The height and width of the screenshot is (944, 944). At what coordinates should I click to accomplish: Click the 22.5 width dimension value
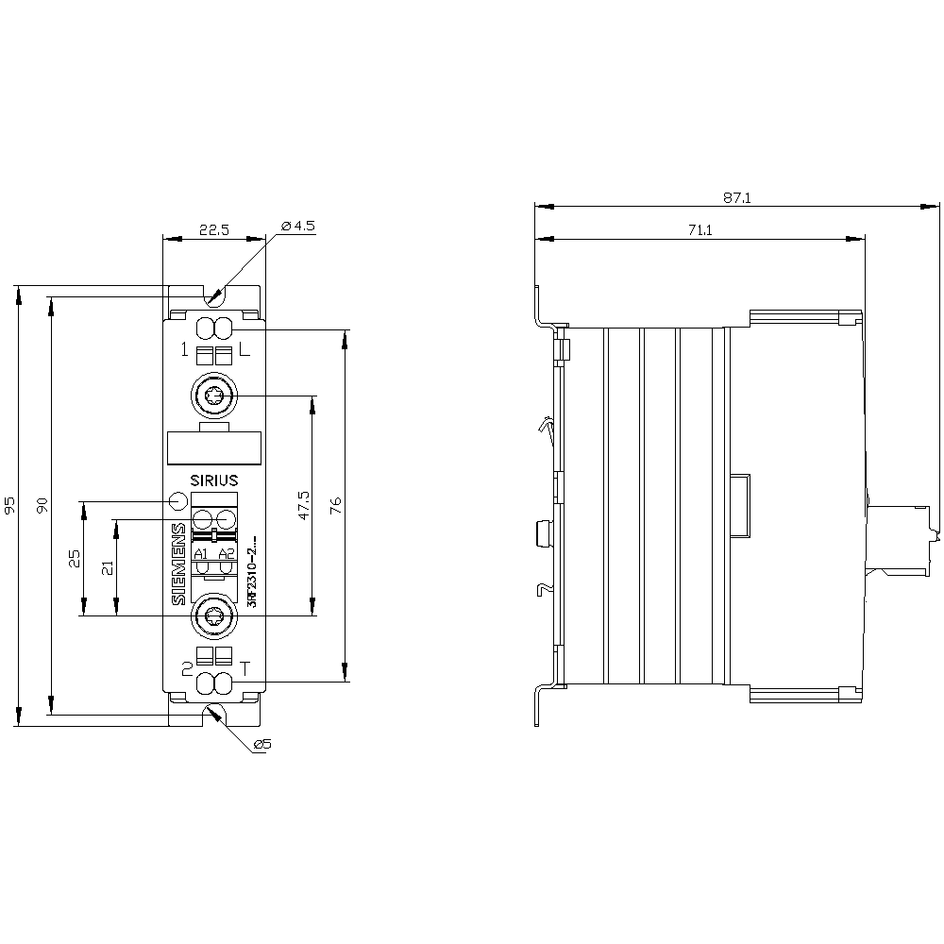click(x=213, y=229)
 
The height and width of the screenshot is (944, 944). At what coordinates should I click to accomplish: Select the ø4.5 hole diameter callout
click(x=297, y=226)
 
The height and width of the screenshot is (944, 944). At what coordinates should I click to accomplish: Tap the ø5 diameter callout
click(x=261, y=745)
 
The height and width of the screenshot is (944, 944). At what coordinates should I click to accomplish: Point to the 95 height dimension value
click(x=10, y=505)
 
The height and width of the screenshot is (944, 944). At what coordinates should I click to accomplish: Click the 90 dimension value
click(x=42, y=505)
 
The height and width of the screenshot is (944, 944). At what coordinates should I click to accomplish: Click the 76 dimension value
click(x=336, y=505)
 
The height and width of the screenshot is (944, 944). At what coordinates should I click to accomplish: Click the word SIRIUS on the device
click(x=214, y=480)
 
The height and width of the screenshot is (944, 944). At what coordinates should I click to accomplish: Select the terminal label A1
click(x=201, y=553)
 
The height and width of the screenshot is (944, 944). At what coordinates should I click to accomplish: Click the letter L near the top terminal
click(x=244, y=351)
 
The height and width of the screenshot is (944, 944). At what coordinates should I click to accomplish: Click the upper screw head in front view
click(x=213, y=396)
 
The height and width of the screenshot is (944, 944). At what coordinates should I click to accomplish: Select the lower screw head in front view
click(x=213, y=617)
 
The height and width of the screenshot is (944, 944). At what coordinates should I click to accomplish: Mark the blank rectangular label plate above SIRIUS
click(x=213, y=447)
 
